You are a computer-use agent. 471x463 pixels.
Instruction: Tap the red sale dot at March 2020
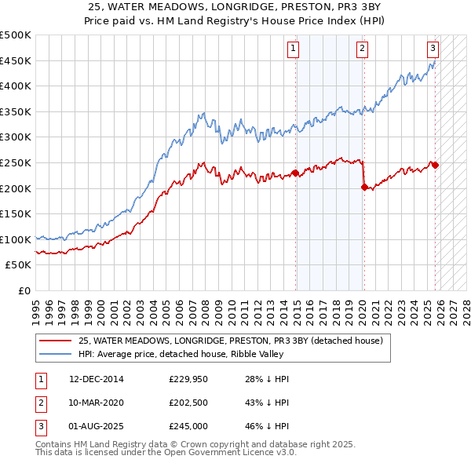pos(364,187)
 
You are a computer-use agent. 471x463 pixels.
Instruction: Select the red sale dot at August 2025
pos(435,165)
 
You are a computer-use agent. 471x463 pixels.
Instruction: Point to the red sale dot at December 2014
pos(295,173)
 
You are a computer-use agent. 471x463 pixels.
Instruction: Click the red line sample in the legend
pos(55,341)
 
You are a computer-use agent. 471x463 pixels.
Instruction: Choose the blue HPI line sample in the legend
pos(55,354)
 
